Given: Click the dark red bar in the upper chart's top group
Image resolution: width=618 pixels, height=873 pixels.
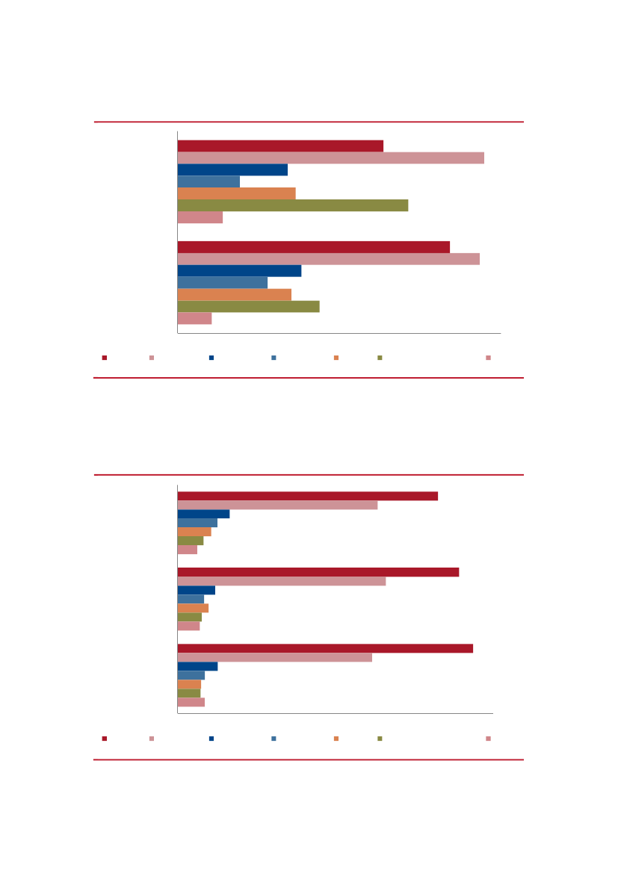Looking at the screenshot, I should click(x=280, y=146).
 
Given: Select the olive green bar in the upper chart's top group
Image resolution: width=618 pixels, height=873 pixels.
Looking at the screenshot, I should click(x=292, y=205).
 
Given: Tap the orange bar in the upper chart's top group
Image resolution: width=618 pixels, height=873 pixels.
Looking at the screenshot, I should click(x=236, y=193).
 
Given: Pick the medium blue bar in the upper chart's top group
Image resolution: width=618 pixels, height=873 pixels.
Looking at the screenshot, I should click(x=208, y=181).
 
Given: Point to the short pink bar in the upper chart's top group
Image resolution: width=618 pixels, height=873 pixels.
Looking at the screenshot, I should click(x=200, y=217).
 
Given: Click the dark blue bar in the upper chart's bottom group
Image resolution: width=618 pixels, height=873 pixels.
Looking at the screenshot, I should click(x=239, y=270).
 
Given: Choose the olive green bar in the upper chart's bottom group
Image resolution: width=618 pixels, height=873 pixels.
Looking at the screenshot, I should click(x=248, y=306).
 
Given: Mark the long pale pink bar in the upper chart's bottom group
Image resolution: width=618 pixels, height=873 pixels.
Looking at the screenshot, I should click(x=328, y=258).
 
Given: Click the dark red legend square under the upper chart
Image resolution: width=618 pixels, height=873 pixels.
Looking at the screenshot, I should click(x=105, y=358).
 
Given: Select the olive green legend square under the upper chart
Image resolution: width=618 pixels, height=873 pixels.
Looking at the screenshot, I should click(x=380, y=358).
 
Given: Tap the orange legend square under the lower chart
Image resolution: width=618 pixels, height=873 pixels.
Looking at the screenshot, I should click(x=336, y=739).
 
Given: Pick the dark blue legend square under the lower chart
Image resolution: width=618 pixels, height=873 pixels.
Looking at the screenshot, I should click(x=211, y=739).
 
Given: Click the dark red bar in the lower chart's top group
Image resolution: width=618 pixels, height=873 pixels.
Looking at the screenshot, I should click(x=307, y=496).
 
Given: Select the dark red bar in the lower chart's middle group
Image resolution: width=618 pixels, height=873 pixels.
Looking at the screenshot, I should click(x=318, y=571).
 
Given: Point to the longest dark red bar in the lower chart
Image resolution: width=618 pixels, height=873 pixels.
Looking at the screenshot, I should click(x=325, y=648).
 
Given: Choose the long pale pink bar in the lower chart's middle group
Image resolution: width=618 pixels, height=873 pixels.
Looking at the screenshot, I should click(x=281, y=581).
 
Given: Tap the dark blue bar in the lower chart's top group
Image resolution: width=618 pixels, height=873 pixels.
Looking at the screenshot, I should click(x=203, y=514).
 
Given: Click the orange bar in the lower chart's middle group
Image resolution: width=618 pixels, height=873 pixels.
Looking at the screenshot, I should click(x=193, y=608).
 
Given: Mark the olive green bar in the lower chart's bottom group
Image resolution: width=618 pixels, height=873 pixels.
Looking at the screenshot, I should click(x=188, y=693).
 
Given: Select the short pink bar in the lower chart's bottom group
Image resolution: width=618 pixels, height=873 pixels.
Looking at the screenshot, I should click(x=191, y=702).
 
